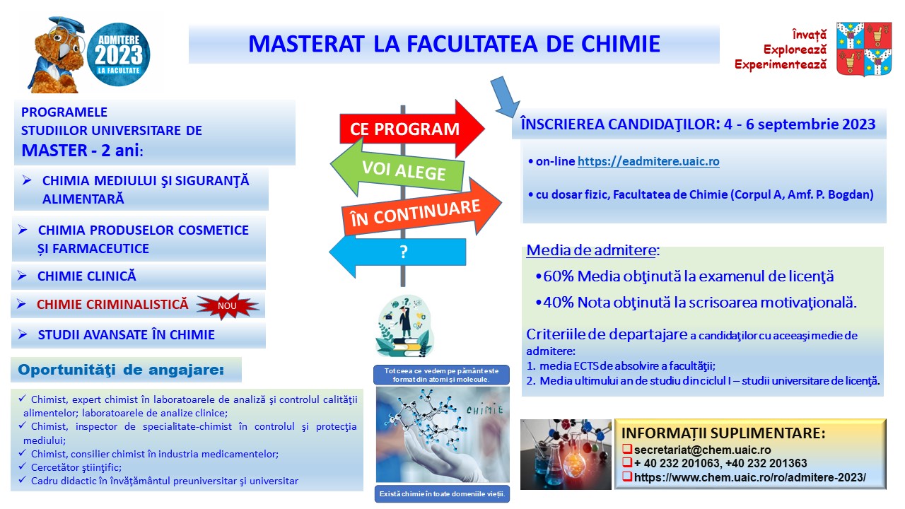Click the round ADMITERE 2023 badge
(118, 54)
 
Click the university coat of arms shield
(864, 49)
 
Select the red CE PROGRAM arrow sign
(412, 129)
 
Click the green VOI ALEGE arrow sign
(398, 168)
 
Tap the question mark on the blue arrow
(403, 252)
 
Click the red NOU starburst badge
(228, 306)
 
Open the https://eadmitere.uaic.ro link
(648, 161)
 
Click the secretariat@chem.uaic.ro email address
(702, 450)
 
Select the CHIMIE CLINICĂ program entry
(87, 276)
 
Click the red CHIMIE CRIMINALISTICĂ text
(112, 304)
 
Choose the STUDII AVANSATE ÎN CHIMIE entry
(126, 335)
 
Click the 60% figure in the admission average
(559, 276)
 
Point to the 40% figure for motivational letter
(559, 302)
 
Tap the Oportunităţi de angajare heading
(121, 370)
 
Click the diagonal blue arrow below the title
(505, 97)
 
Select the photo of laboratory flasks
(566, 454)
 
